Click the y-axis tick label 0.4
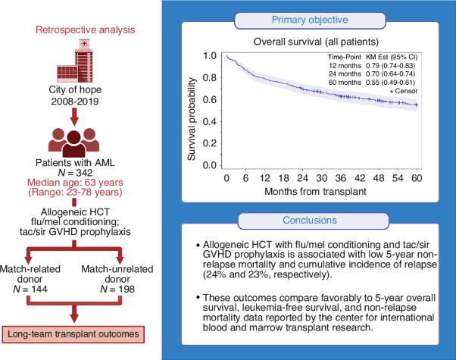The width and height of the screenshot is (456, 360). (x=211, y=121)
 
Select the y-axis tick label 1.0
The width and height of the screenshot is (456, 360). (x=211, y=56)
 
